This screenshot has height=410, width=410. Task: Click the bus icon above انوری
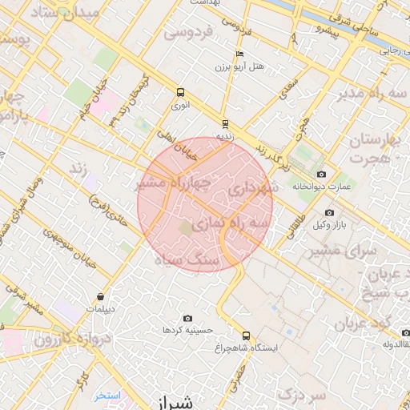click(x=179, y=92)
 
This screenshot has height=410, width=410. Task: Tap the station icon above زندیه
click(x=225, y=124)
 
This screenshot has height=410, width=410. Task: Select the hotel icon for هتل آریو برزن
click(x=239, y=54)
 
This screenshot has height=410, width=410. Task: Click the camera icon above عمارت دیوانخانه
click(x=321, y=174)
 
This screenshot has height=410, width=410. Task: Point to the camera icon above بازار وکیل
click(x=329, y=212)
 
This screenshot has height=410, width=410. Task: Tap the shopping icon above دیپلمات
click(x=101, y=296)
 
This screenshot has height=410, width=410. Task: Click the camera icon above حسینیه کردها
click(x=187, y=318)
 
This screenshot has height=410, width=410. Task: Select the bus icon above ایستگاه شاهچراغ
click(x=246, y=336)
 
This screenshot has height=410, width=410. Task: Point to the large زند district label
click(x=78, y=168)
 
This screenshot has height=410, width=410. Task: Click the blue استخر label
click(x=106, y=396)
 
